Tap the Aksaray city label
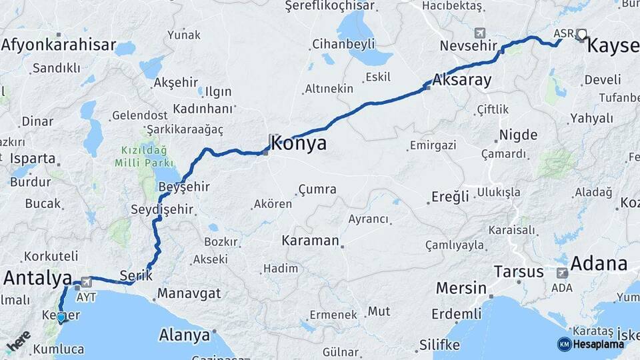tap(462, 81)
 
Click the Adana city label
tap(599, 263)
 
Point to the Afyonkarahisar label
tap(59, 45)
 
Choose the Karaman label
tap(311, 240)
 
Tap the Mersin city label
tap(461, 289)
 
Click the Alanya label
tap(184, 335)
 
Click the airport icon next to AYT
tap(86, 282)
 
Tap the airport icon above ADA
tap(561, 273)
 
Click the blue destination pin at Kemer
tap(61, 317)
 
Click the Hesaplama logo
tap(591, 344)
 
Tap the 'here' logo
tap(18, 341)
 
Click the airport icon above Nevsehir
tap(480, 33)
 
